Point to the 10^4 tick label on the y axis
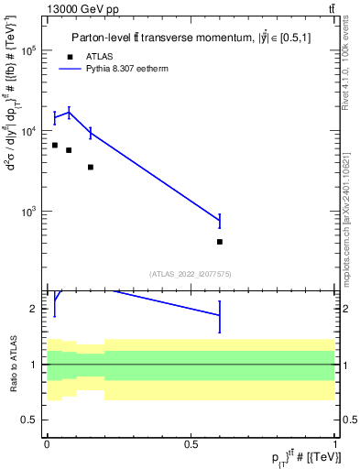tap(29, 132)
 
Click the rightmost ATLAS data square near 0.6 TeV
tap(220, 242)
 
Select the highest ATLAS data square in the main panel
tap(55, 145)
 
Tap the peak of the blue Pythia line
tap(70, 112)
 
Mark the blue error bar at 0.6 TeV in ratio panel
tap(220, 315)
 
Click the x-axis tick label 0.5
tap(191, 444)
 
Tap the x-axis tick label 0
tap(47, 444)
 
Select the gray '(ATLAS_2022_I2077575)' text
tap(191, 273)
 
